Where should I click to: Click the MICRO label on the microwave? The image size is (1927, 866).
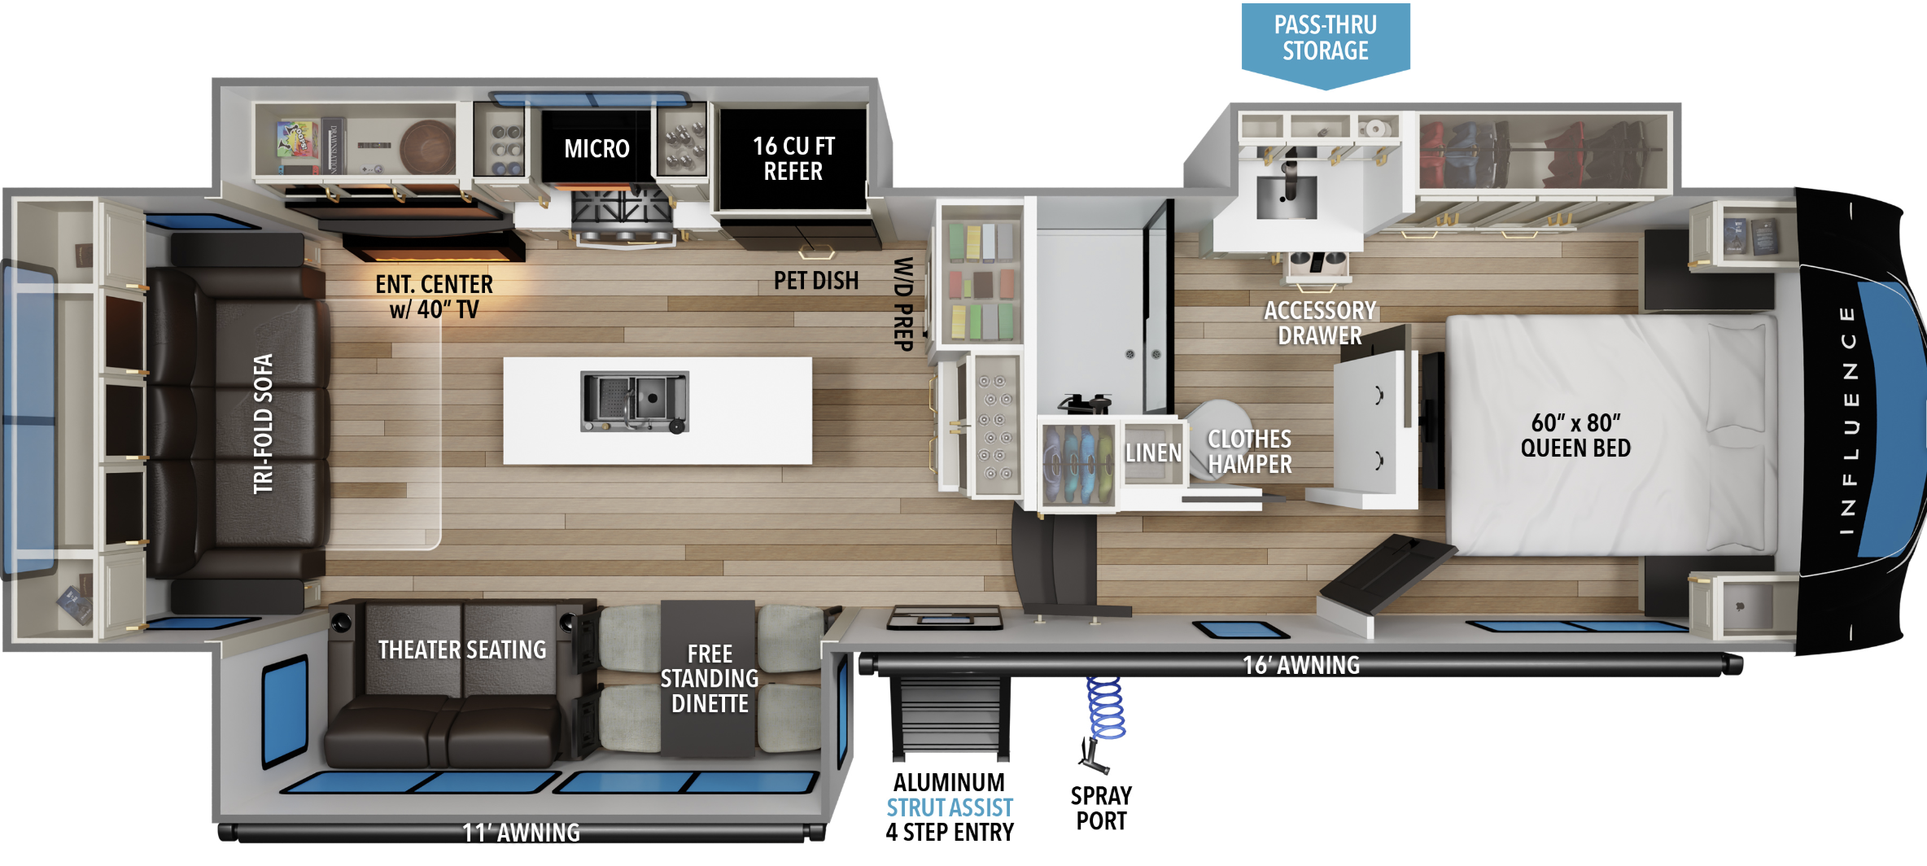tap(596, 149)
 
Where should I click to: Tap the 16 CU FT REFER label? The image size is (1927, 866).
tap(793, 159)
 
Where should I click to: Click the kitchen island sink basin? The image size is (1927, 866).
tap(635, 401)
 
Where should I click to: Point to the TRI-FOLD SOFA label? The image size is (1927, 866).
tap(263, 423)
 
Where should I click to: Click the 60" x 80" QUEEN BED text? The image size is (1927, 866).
tap(1575, 435)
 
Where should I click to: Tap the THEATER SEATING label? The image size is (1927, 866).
tap(462, 649)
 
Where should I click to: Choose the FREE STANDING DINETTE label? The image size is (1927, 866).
tap(710, 679)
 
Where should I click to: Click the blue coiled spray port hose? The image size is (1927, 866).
tap(1106, 707)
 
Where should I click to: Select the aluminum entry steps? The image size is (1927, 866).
tap(950, 716)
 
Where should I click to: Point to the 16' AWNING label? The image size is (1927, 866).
tap(1301, 665)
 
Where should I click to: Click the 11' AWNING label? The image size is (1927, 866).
tap(521, 833)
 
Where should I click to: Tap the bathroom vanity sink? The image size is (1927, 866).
tap(1287, 196)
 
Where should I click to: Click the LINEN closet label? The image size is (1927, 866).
tap(1153, 453)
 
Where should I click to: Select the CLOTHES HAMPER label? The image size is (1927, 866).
tap(1249, 452)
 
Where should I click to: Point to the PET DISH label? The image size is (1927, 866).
tap(816, 281)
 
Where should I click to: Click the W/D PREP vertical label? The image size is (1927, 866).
tap(903, 304)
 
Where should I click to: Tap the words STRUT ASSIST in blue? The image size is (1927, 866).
tap(950, 807)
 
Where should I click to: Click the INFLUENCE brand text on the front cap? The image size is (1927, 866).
tap(1848, 420)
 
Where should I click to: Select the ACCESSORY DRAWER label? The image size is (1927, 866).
tap(1320, 323)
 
